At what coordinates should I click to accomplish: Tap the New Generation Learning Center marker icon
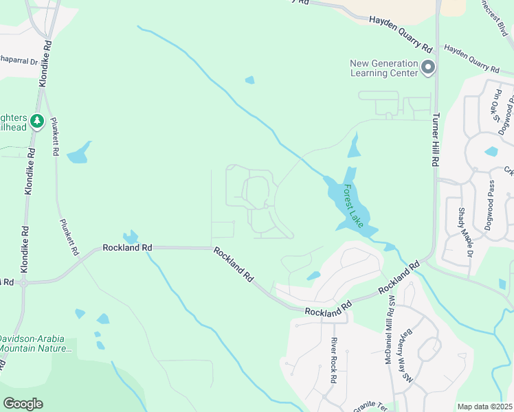click(428, 67)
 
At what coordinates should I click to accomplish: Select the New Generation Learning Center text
click(384, 67)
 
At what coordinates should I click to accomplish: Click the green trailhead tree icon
click(37, 122)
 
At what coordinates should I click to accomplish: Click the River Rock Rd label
click(333, 359)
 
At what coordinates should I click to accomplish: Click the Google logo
click(23, 404)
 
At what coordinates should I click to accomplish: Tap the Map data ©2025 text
click(485, 407)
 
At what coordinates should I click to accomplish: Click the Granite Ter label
click(371, 406)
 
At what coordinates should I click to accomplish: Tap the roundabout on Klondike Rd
click(23, 282)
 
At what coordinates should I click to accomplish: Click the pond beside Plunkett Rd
click(79, 152)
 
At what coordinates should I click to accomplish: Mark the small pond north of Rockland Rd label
click(129, 237)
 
